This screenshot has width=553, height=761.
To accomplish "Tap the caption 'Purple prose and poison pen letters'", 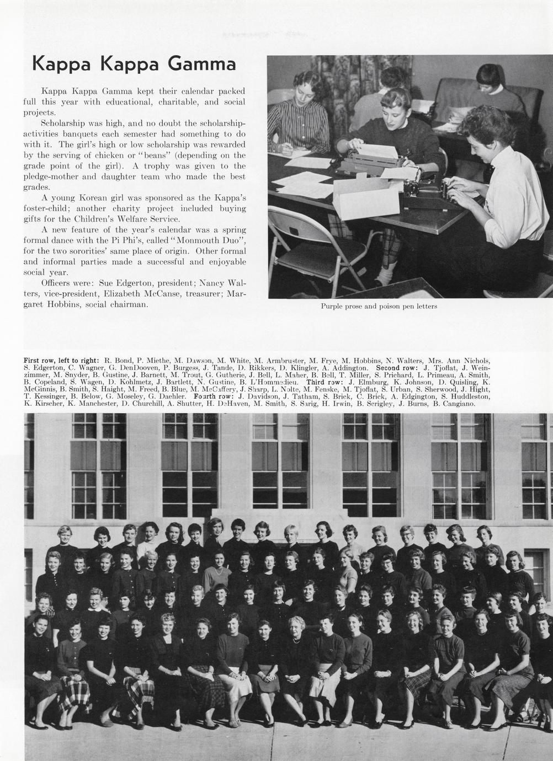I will (379, 307).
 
